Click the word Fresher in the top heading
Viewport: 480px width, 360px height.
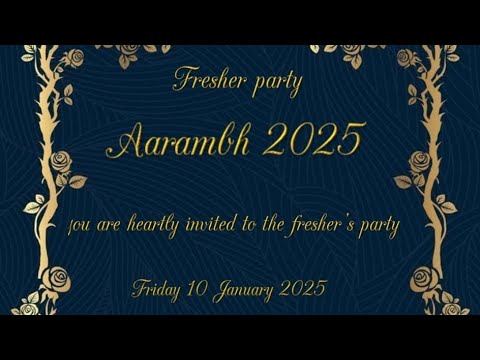(207, 80)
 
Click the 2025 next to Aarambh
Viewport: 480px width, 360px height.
(312, 141)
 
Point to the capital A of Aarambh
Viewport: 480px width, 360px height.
(124, 142)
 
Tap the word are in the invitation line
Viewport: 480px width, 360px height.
(113, 226)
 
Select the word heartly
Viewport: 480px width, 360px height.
(155, 226)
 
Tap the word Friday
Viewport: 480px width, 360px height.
(158, 290)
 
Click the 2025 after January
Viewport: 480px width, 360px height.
(304, 289)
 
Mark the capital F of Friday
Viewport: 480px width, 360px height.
(139, 289)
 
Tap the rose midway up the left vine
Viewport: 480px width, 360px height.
(63, 162)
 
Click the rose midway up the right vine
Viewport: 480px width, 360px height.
(419, 160)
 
